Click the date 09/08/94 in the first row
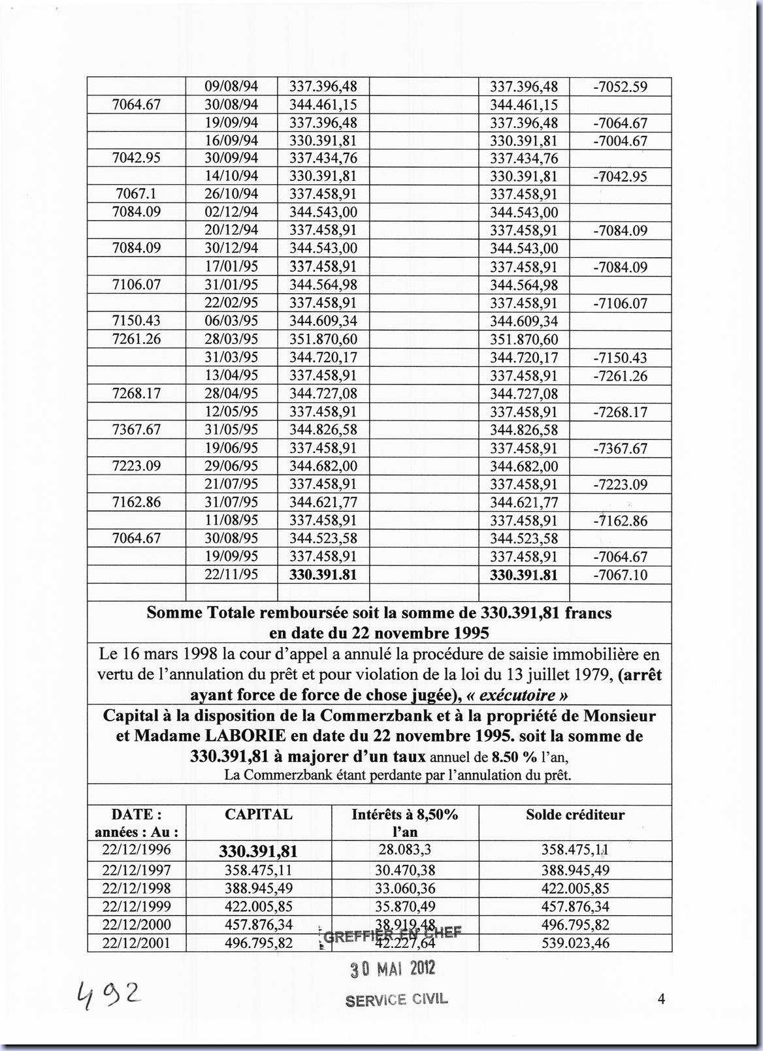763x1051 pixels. point(231,87)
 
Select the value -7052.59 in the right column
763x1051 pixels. point(620,87)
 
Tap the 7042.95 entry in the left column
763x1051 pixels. point(137,159)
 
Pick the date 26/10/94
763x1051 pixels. point(231,195)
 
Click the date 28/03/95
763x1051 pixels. point(231,339)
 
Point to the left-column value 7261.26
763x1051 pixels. point(137,339)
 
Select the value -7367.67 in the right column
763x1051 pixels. point(620,448)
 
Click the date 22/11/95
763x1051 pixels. point(231,574)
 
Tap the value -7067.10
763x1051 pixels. point(620,574)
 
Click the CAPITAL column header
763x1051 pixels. point(259,815)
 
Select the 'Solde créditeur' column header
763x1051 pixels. point(575,815)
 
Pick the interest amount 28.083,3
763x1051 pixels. point(405,850)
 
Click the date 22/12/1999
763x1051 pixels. point(137,907)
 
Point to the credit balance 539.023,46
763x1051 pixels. point(575,943)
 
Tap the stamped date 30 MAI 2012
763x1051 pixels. point(393,969)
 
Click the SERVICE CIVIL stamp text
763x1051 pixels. point(397,1000)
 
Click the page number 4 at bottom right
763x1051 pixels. point(661,999)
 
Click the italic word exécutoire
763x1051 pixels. point(518,695)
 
